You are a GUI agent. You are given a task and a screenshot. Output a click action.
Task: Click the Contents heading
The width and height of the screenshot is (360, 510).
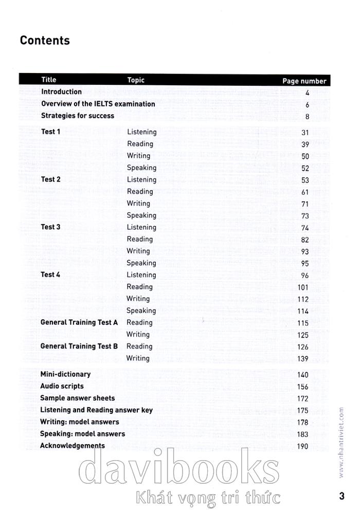45,41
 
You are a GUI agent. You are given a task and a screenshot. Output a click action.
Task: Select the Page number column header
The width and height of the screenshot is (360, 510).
304,81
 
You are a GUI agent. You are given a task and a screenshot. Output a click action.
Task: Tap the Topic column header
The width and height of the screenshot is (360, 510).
136,80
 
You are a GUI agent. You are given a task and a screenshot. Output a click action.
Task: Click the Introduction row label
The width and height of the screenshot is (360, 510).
61,92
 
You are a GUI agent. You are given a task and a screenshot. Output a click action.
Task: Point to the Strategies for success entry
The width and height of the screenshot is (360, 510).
77,116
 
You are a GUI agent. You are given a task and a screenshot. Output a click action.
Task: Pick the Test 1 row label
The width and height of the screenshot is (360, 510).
50,132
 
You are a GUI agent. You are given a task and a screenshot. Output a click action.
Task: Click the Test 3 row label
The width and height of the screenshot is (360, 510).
50,227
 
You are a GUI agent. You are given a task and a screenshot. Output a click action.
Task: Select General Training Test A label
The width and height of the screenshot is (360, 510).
79,322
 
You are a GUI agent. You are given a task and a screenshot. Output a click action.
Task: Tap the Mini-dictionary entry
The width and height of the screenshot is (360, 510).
65,374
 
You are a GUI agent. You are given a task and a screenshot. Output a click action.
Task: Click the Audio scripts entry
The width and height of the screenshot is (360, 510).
62,386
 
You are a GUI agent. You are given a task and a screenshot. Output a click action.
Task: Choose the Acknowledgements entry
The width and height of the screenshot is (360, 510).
72,446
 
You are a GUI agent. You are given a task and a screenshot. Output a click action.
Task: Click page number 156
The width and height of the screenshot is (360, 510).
302,387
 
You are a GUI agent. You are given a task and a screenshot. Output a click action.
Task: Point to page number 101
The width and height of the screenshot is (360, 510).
302,287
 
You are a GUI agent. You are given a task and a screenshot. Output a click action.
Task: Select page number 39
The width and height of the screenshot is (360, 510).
304,144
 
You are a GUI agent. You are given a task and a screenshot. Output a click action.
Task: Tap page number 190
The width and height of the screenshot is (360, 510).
302,446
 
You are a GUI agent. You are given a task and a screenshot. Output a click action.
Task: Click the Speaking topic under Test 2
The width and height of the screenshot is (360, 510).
141,215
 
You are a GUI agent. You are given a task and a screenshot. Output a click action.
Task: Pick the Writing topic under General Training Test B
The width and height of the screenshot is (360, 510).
138,358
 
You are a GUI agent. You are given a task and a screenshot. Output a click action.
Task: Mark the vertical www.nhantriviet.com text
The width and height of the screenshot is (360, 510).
341,434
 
